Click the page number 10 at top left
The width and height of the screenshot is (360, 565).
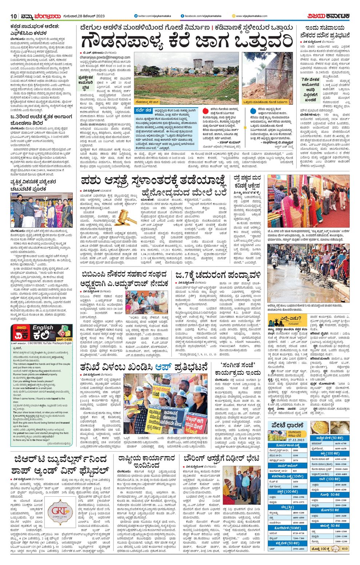point(14,16)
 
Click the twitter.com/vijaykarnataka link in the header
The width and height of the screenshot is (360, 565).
point(149,16)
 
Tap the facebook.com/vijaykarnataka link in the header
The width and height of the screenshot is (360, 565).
point(201,16)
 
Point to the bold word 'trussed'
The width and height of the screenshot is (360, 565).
point(64,423)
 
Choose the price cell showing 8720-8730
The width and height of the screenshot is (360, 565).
point(299,533)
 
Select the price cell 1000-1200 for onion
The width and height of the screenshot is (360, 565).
point(340,541)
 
